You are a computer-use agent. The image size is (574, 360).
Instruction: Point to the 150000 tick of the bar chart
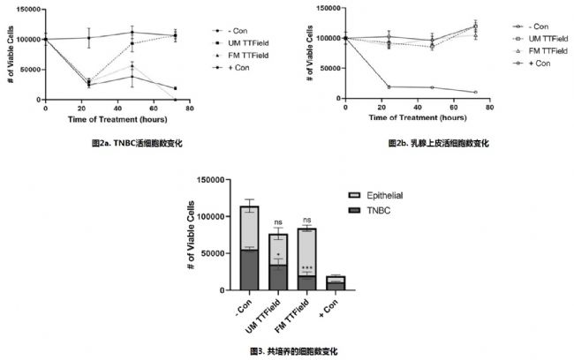(211, 180)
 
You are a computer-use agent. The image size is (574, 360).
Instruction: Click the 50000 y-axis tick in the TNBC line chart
(30, 68)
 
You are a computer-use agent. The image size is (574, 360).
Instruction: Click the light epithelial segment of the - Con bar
(249, 229)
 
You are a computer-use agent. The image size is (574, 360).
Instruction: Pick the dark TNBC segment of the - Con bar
(249, 270)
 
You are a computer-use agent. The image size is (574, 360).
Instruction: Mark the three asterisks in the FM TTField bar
(306, 267)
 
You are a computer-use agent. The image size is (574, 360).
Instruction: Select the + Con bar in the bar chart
(335, 282)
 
